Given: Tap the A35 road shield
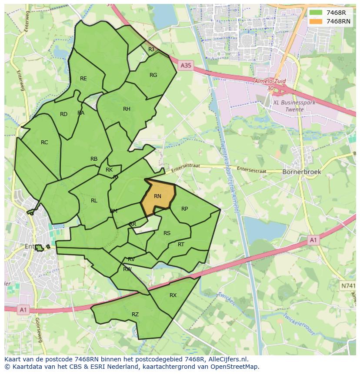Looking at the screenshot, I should pos(186,66).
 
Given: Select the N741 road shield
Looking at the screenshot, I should pos(348,285).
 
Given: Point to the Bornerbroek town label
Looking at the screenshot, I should pos(302,172).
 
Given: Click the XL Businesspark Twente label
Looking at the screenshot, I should pos(289,106).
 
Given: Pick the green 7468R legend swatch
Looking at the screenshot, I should pos(315,13).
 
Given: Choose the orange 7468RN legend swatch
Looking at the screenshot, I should pos(315,21).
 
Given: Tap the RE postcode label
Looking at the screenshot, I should pos(83,79).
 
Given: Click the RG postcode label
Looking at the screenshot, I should pos(153,75).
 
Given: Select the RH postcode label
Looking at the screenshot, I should pos(127,109).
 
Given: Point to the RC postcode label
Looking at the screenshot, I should pos(44,142).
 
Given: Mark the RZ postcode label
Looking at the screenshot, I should pos(135,314).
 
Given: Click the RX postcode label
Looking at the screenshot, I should pos(173,295).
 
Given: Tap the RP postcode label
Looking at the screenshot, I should pos(184,209).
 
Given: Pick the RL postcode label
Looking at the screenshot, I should pos(94,201).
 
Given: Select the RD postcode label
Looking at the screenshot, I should pos(64,114).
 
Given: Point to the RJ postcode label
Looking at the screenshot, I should pos(151,50).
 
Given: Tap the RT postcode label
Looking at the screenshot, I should pos(181,245).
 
